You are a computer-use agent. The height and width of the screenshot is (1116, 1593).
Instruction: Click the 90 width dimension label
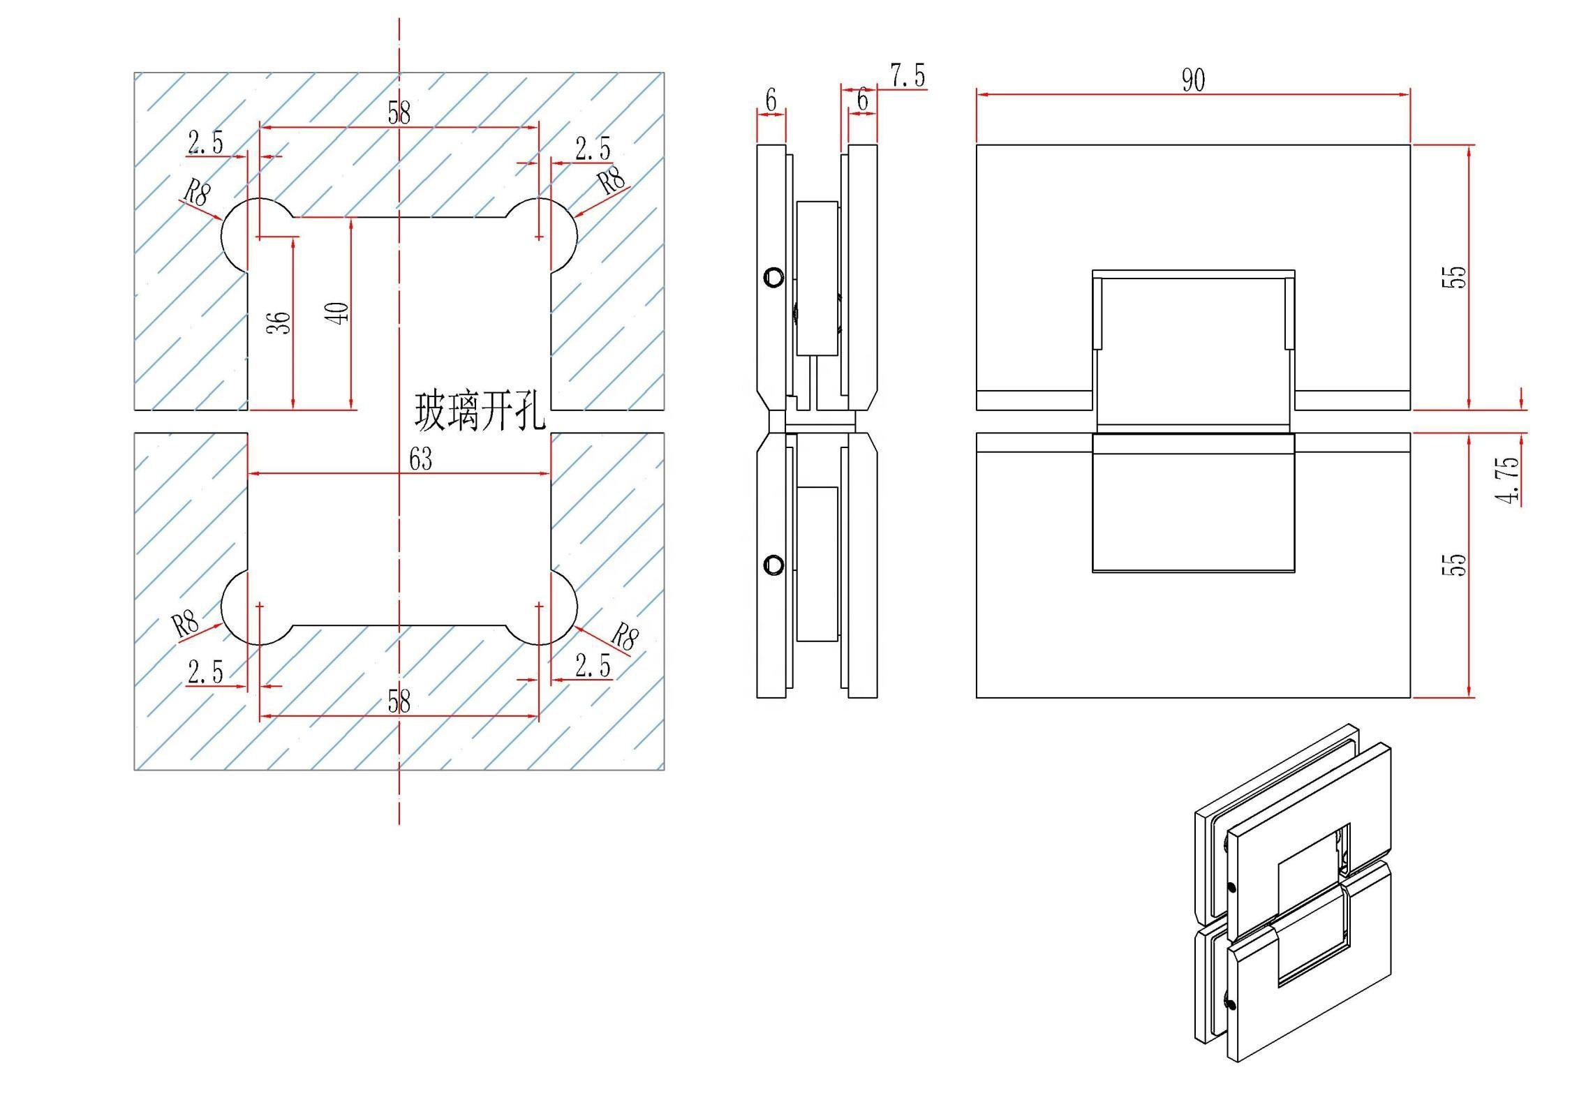click(x=1193, y=80)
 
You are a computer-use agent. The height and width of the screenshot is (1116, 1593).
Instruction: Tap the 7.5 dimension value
click(x=907, y=75)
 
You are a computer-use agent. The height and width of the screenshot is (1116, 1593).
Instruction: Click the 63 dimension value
click(x=420, y=459)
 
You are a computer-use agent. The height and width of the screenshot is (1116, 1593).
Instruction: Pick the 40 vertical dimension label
click(x=338, y=313)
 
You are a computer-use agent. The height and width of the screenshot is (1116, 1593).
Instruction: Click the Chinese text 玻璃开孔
click(x=480, y=411)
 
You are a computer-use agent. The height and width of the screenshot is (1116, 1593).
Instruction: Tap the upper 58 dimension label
click(x=399, y=112)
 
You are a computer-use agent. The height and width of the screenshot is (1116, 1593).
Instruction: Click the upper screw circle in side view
click(x=773, y=277)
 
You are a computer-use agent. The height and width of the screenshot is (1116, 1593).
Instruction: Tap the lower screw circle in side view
click(x=773, y=565)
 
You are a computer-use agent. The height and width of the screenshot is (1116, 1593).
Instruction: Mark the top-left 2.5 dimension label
click(x=206, y=143)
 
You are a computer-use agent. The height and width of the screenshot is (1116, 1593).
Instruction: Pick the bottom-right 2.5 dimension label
click(x=593, y=666)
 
